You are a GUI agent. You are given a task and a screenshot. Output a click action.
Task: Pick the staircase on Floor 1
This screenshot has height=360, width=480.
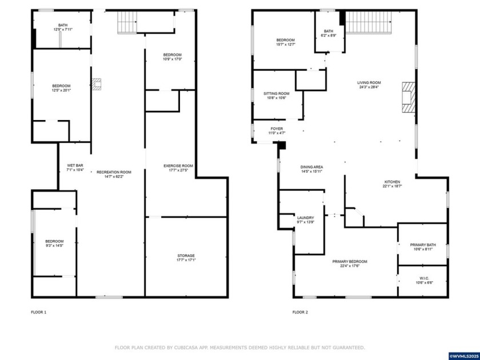click(x=127, y=22)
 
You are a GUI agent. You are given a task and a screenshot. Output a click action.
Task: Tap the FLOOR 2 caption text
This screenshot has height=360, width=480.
click(x=300, y=312)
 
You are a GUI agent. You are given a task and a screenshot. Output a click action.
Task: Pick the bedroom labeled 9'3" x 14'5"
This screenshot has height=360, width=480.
click(x=54, y=243)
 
